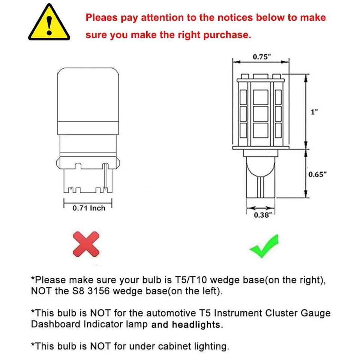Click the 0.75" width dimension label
tap(261, 57)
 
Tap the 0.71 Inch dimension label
tap(89, 208)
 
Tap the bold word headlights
tap(197, 325)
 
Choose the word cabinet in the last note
tap(171, 346)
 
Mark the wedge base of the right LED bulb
tap(261, 176)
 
